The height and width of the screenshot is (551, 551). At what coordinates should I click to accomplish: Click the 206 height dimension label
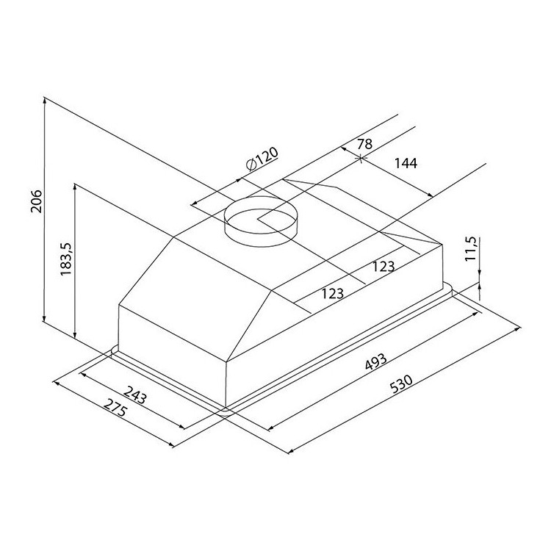36,201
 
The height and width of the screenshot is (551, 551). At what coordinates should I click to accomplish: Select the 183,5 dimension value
65,259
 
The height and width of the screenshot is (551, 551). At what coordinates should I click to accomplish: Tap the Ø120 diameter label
262,159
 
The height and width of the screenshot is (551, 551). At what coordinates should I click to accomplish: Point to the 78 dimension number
364,144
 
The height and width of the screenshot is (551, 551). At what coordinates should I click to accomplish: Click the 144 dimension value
406,163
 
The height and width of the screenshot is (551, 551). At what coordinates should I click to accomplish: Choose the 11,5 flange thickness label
470,249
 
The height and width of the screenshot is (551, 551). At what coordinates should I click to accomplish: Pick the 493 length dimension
375,361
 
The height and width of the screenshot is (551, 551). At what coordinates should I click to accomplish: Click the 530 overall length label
401,384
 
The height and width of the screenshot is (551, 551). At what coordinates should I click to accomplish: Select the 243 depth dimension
136,395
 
